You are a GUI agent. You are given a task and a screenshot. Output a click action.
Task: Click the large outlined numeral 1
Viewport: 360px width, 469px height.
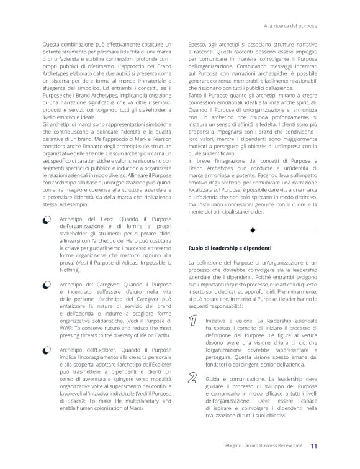194,321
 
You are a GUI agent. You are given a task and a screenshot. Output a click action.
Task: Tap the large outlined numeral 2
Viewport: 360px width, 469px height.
194,380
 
